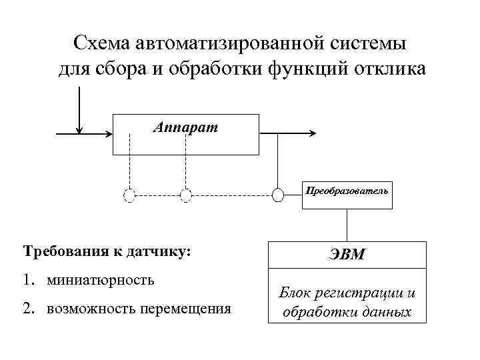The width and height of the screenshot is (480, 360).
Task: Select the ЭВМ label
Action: click(345, 254)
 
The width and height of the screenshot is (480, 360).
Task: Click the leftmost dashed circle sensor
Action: click(129, 195)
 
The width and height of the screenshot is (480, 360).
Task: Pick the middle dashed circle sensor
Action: click(186, 195)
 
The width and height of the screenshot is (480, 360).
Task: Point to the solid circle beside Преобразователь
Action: click(279, 195)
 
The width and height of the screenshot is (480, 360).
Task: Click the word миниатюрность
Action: click(100, 279)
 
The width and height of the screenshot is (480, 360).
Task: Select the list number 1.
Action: click(28, 279)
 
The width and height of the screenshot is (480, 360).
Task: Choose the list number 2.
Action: click(28, 309)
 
